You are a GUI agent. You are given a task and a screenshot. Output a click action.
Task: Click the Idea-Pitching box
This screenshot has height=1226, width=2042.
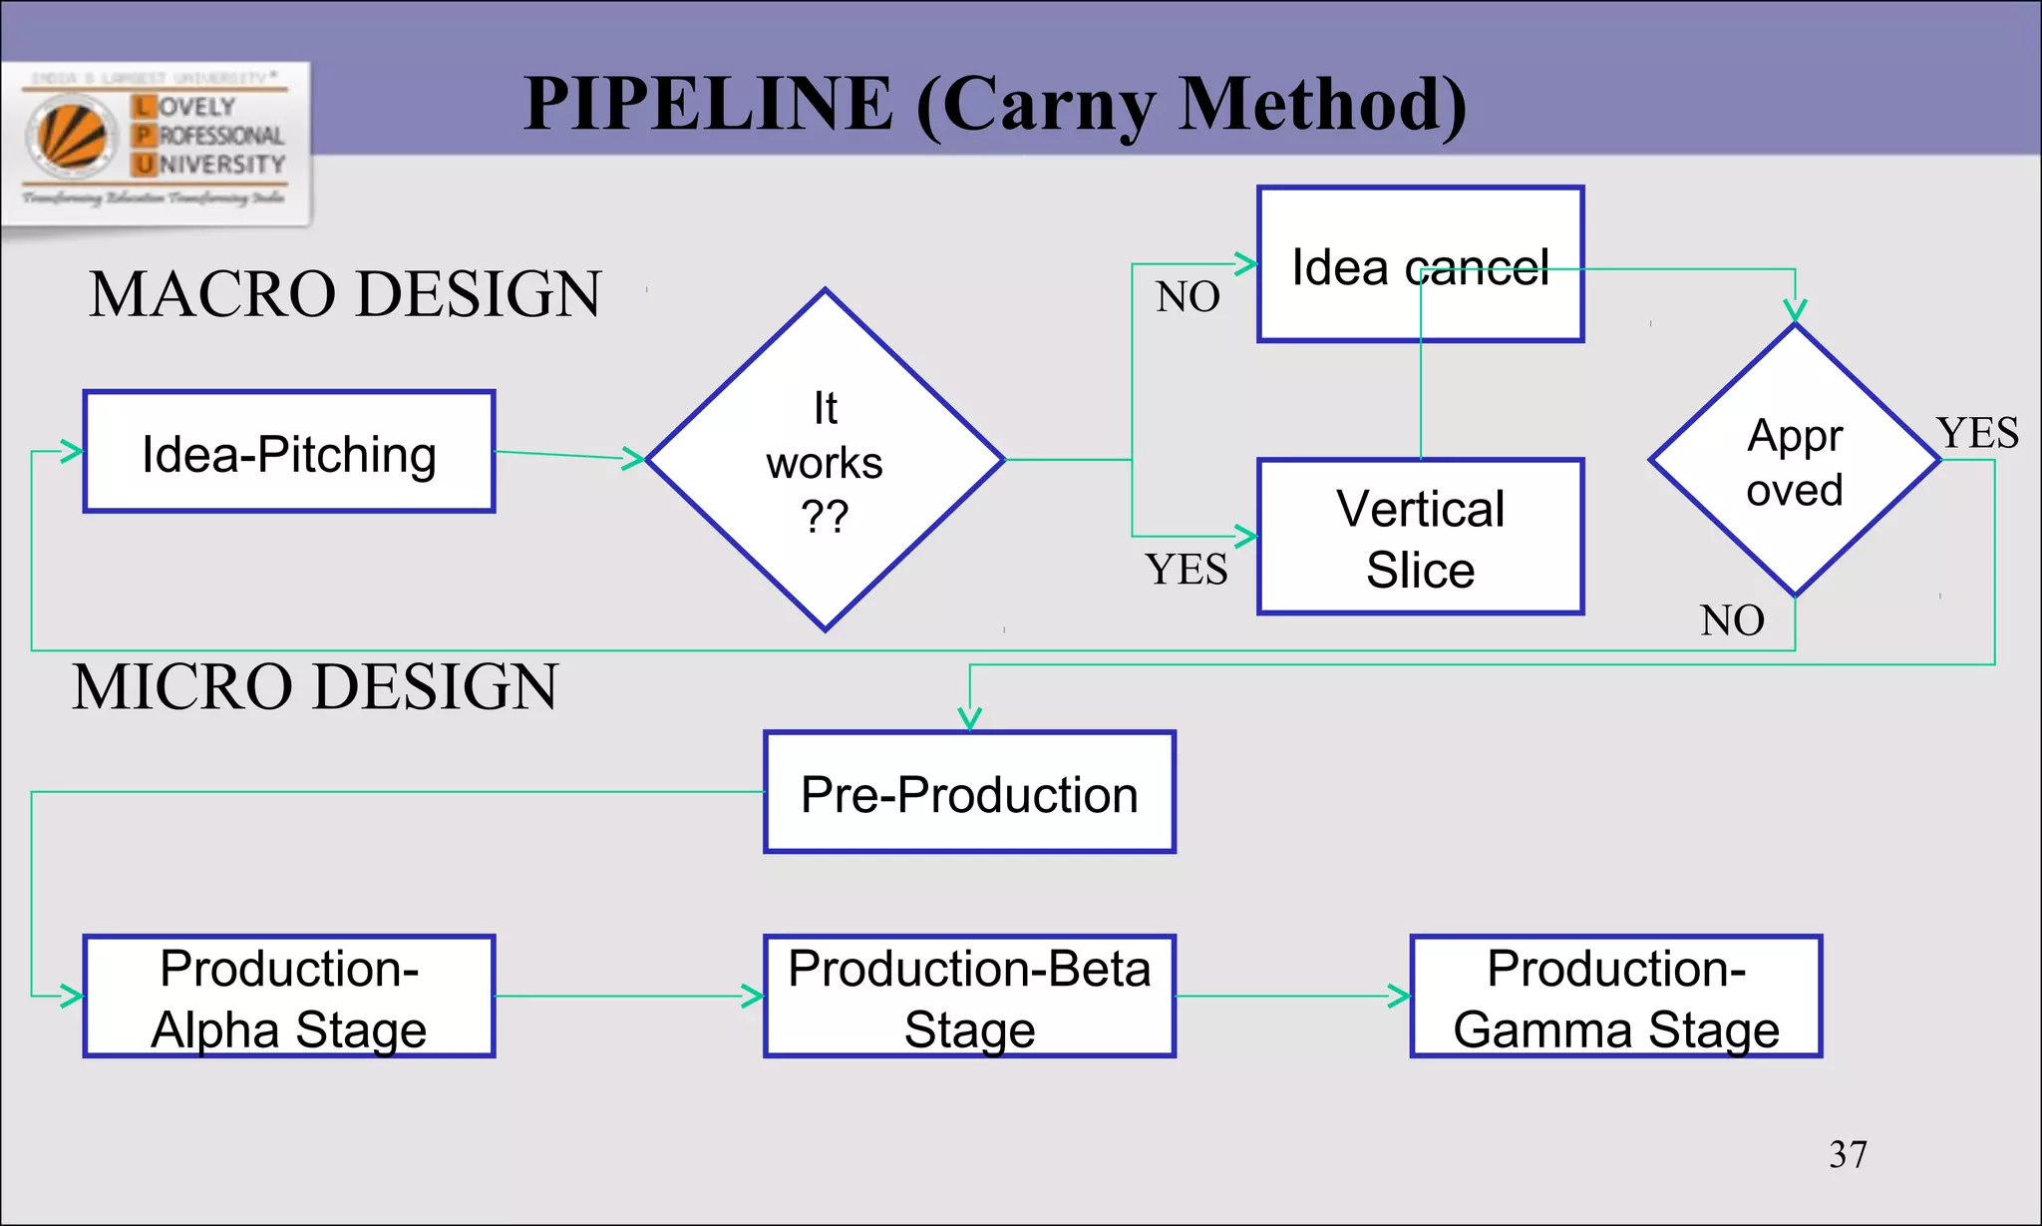tap(289, 452)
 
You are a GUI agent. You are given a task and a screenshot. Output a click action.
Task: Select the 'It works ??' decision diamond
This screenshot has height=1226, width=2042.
tap(825, 460)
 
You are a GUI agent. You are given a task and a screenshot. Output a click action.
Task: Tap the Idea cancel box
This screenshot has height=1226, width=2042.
tap(1420, 265)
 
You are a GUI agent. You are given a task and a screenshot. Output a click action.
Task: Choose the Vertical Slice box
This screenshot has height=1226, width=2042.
tap(1420, 537)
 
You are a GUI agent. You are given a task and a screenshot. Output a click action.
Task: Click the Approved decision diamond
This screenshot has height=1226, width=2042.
tap(1795, 461)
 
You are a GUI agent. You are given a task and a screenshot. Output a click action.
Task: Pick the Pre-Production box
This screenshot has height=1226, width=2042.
tap(969, 793)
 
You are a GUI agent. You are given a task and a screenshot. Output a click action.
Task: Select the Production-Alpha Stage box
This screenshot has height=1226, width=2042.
tap(289, 997)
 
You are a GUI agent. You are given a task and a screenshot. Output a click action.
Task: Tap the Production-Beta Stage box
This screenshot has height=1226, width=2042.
tap(969, 997)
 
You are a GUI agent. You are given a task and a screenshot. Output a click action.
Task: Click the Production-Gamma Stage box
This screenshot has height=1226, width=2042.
tap(1616, 997)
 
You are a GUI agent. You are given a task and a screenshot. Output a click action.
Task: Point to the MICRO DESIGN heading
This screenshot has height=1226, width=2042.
tap(315, 687)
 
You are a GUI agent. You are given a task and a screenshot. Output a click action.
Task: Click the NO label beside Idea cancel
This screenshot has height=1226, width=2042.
tap(1188, 297)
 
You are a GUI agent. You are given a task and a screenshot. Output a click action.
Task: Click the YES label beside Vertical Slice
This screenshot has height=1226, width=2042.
tap(1187, 570)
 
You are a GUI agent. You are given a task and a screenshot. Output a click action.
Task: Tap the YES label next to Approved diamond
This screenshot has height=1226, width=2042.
tap(1978, 434)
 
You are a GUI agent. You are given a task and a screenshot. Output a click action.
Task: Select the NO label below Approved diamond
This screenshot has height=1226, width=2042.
tap(1732, 620)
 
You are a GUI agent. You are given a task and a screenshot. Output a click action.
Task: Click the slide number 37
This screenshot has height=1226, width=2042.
tap(1848, 1154)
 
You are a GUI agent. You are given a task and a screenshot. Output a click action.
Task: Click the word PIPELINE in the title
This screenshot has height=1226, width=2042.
tap(708, 104)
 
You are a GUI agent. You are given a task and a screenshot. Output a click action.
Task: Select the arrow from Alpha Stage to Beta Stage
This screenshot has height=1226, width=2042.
tap(628, 996)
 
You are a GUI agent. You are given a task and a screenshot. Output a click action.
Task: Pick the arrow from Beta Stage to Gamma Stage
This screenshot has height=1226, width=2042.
tap(1292, 996)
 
